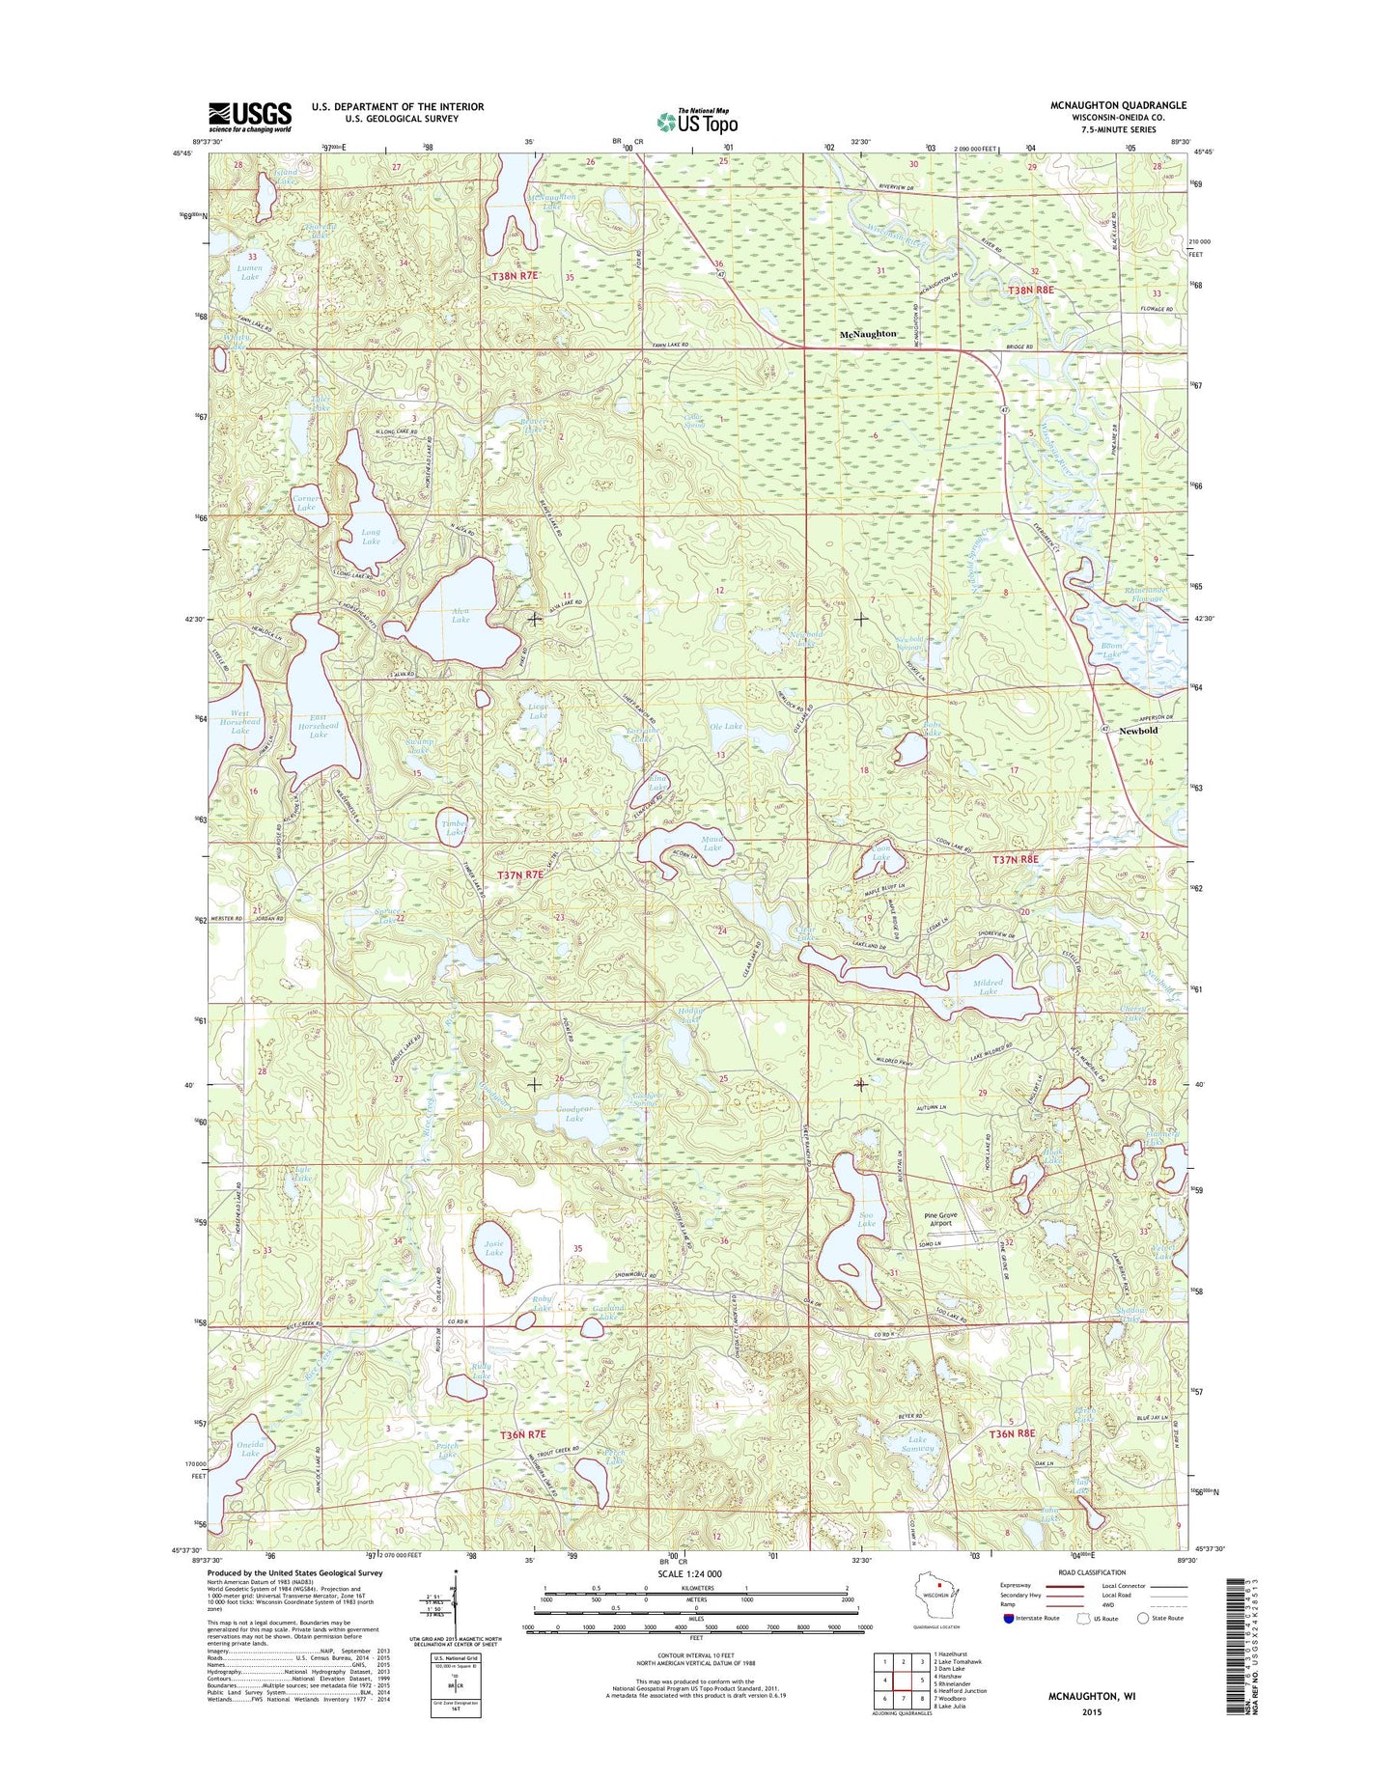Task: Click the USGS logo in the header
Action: point(249,117)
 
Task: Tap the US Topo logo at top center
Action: point(697,121)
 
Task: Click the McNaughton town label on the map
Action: point(868,334)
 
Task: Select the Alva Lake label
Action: point(460,615)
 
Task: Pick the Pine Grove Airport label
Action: point(940,1218)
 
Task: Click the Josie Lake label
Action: point(493,1248)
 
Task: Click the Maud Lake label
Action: point(711,843)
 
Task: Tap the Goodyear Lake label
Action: point(574,1114)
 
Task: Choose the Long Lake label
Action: point(371,537)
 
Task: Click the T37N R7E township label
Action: point(520,875)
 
